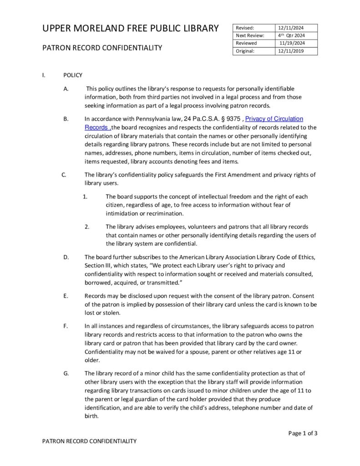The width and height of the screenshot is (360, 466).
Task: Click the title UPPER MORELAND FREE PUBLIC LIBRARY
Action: pyautogui.click(x=131, y=29)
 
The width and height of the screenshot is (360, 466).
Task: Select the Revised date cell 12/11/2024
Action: pyautogui.click(x=289, y=28)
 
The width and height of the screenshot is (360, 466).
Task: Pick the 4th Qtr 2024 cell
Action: pyautogui.click(x=291, y=35)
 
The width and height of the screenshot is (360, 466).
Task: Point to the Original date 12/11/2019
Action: pyautogui.click(x=291, y=51)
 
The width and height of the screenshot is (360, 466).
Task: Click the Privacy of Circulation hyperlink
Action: pyautogui.click(x=274, y=119)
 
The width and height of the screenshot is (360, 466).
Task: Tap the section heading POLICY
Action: pyautogui.click(x=73, y=75)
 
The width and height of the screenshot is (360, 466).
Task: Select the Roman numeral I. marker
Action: pyautogui.click(x=44, y=75)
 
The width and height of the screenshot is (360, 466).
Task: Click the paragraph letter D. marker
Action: pyautogui.click(x=66, y=258)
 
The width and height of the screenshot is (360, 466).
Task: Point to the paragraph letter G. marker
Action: pyautogui.click(x=66, y=374)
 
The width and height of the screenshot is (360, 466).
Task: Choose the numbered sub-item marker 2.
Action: pyautogui.click(x=86, y=227)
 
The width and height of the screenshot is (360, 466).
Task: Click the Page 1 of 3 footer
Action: pyautogui.click(x=303, y=433)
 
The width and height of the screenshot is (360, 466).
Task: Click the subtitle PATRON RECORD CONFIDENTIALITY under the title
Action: pyautogui.click(x=102, y=48)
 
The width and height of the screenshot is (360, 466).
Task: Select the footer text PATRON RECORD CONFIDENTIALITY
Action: pyautogui.click(x=89, y=441)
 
